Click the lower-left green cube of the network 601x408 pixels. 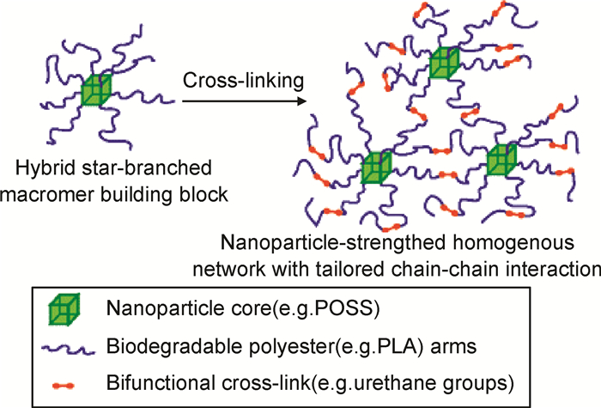click(377, 167)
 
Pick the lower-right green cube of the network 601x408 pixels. click(501, 161)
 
